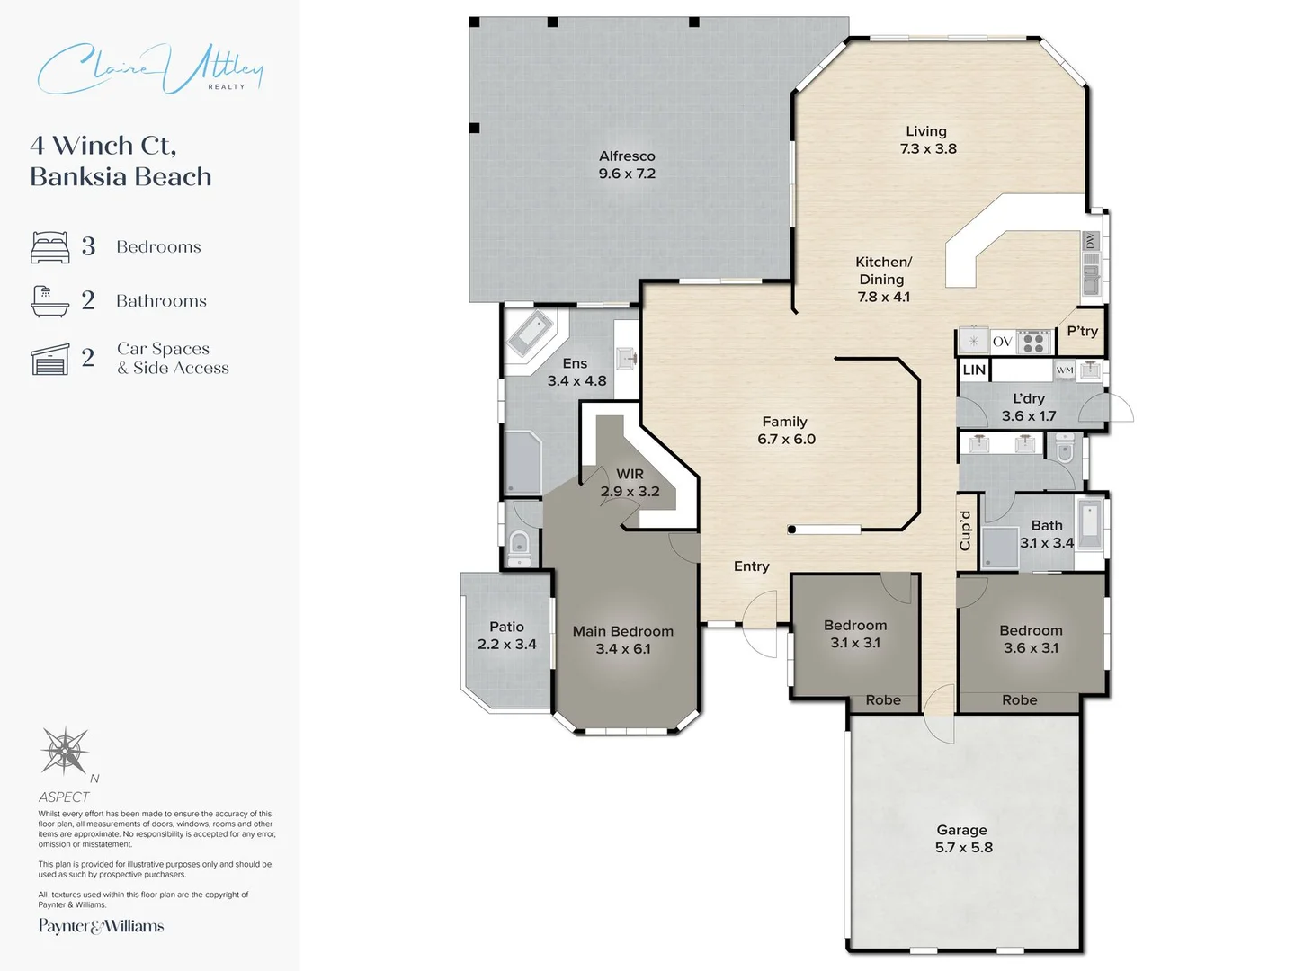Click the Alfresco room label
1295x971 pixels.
click(x=627, y=156)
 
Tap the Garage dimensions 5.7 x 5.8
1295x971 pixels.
click(x=963, y=847)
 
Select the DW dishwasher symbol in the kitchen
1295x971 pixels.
click(x=1090, y=241)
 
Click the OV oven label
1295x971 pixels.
click(x=1003, y=342)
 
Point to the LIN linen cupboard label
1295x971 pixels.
click(x=974, y=370)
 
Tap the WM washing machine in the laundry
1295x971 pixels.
click(x=1065, y=370)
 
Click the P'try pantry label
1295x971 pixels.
click(x=1083, y=331)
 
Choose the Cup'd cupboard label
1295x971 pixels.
click(x=965, y=530)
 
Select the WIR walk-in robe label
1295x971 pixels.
click(x=630, y=474)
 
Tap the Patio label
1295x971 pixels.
click(x=507, y=627)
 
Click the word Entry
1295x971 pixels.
click(x=752, y=566)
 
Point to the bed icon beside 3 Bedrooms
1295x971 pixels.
click(x=50, y=247)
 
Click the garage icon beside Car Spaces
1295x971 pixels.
click(x=50, y=359)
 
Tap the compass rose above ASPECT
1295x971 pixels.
click(x=65, y=751)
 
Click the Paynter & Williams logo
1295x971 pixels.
click(x=101, y=926)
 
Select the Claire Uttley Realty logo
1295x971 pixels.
click(x=150, y=68)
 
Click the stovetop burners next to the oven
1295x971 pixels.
click(x=1033, y=342)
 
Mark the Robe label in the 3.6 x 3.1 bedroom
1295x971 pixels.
click(x=1020, y=699)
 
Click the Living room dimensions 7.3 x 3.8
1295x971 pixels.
click(x=928, y=148)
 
